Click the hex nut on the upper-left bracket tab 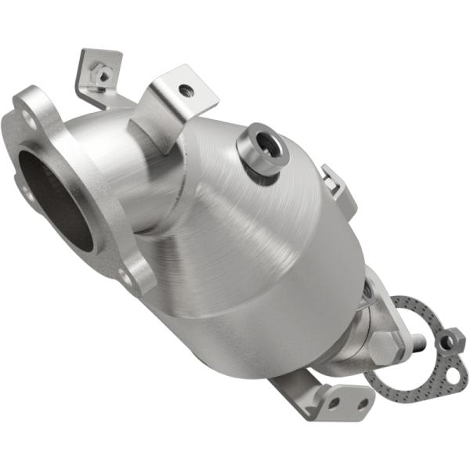[x=101, y=75]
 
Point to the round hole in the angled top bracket [x=186, y=90]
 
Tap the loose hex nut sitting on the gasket [x=450, y=340]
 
